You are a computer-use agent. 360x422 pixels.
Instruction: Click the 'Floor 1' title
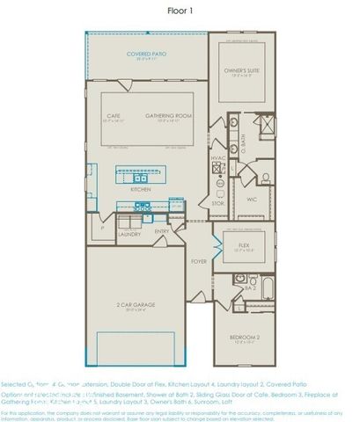[x=180, y=11]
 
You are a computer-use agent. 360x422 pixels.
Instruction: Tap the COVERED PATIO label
[x=146, y=54]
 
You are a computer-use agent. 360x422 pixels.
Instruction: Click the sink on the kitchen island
[x=141, y=173]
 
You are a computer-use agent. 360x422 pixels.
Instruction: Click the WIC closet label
[x=251, y=199]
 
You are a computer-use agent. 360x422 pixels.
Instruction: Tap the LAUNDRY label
[x=130, y=234]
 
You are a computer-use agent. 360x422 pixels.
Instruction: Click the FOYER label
[x=200, y=261]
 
